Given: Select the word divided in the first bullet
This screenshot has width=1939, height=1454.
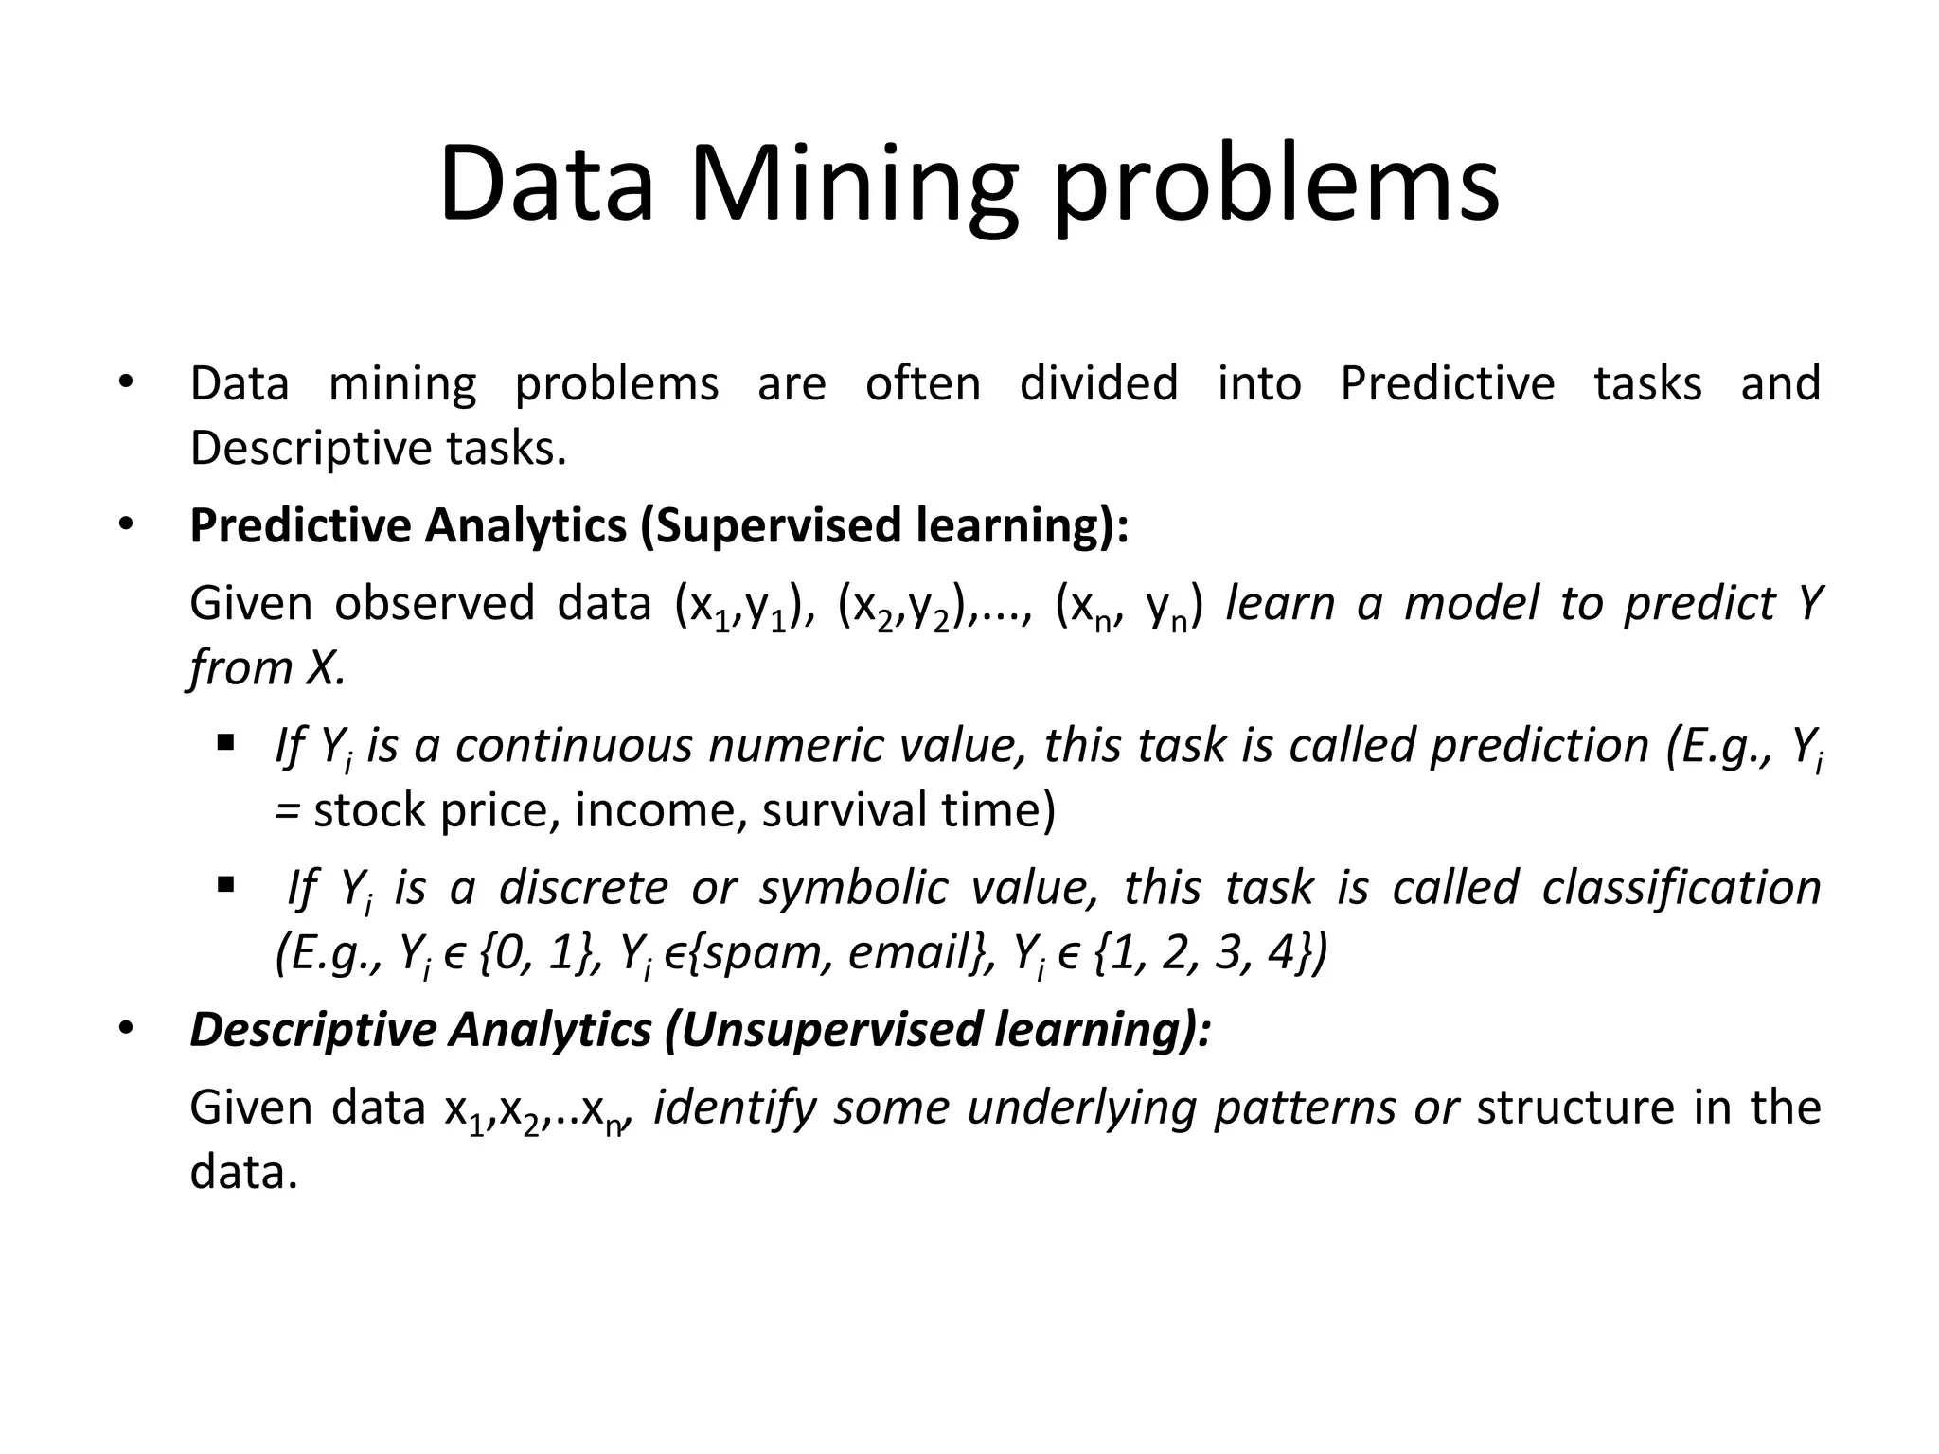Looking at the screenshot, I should point(1098,383).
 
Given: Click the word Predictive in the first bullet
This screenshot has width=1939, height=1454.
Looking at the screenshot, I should point(1447,383).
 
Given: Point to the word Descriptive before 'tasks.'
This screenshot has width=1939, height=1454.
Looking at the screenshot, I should point(308,448).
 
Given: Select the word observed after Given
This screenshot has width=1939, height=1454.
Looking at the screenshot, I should point(435,603).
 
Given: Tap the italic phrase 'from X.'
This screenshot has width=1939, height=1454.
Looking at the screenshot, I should point(267,668).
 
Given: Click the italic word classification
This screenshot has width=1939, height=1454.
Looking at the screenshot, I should point(1681,888).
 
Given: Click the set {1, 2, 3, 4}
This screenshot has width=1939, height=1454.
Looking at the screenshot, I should point(1202,952).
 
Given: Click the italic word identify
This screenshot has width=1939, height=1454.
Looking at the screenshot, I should point(735,1108).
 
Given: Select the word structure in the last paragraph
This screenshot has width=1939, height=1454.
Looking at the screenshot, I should point(1574,1108).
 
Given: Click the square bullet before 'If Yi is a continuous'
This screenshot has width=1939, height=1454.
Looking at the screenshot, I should point(225,743).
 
